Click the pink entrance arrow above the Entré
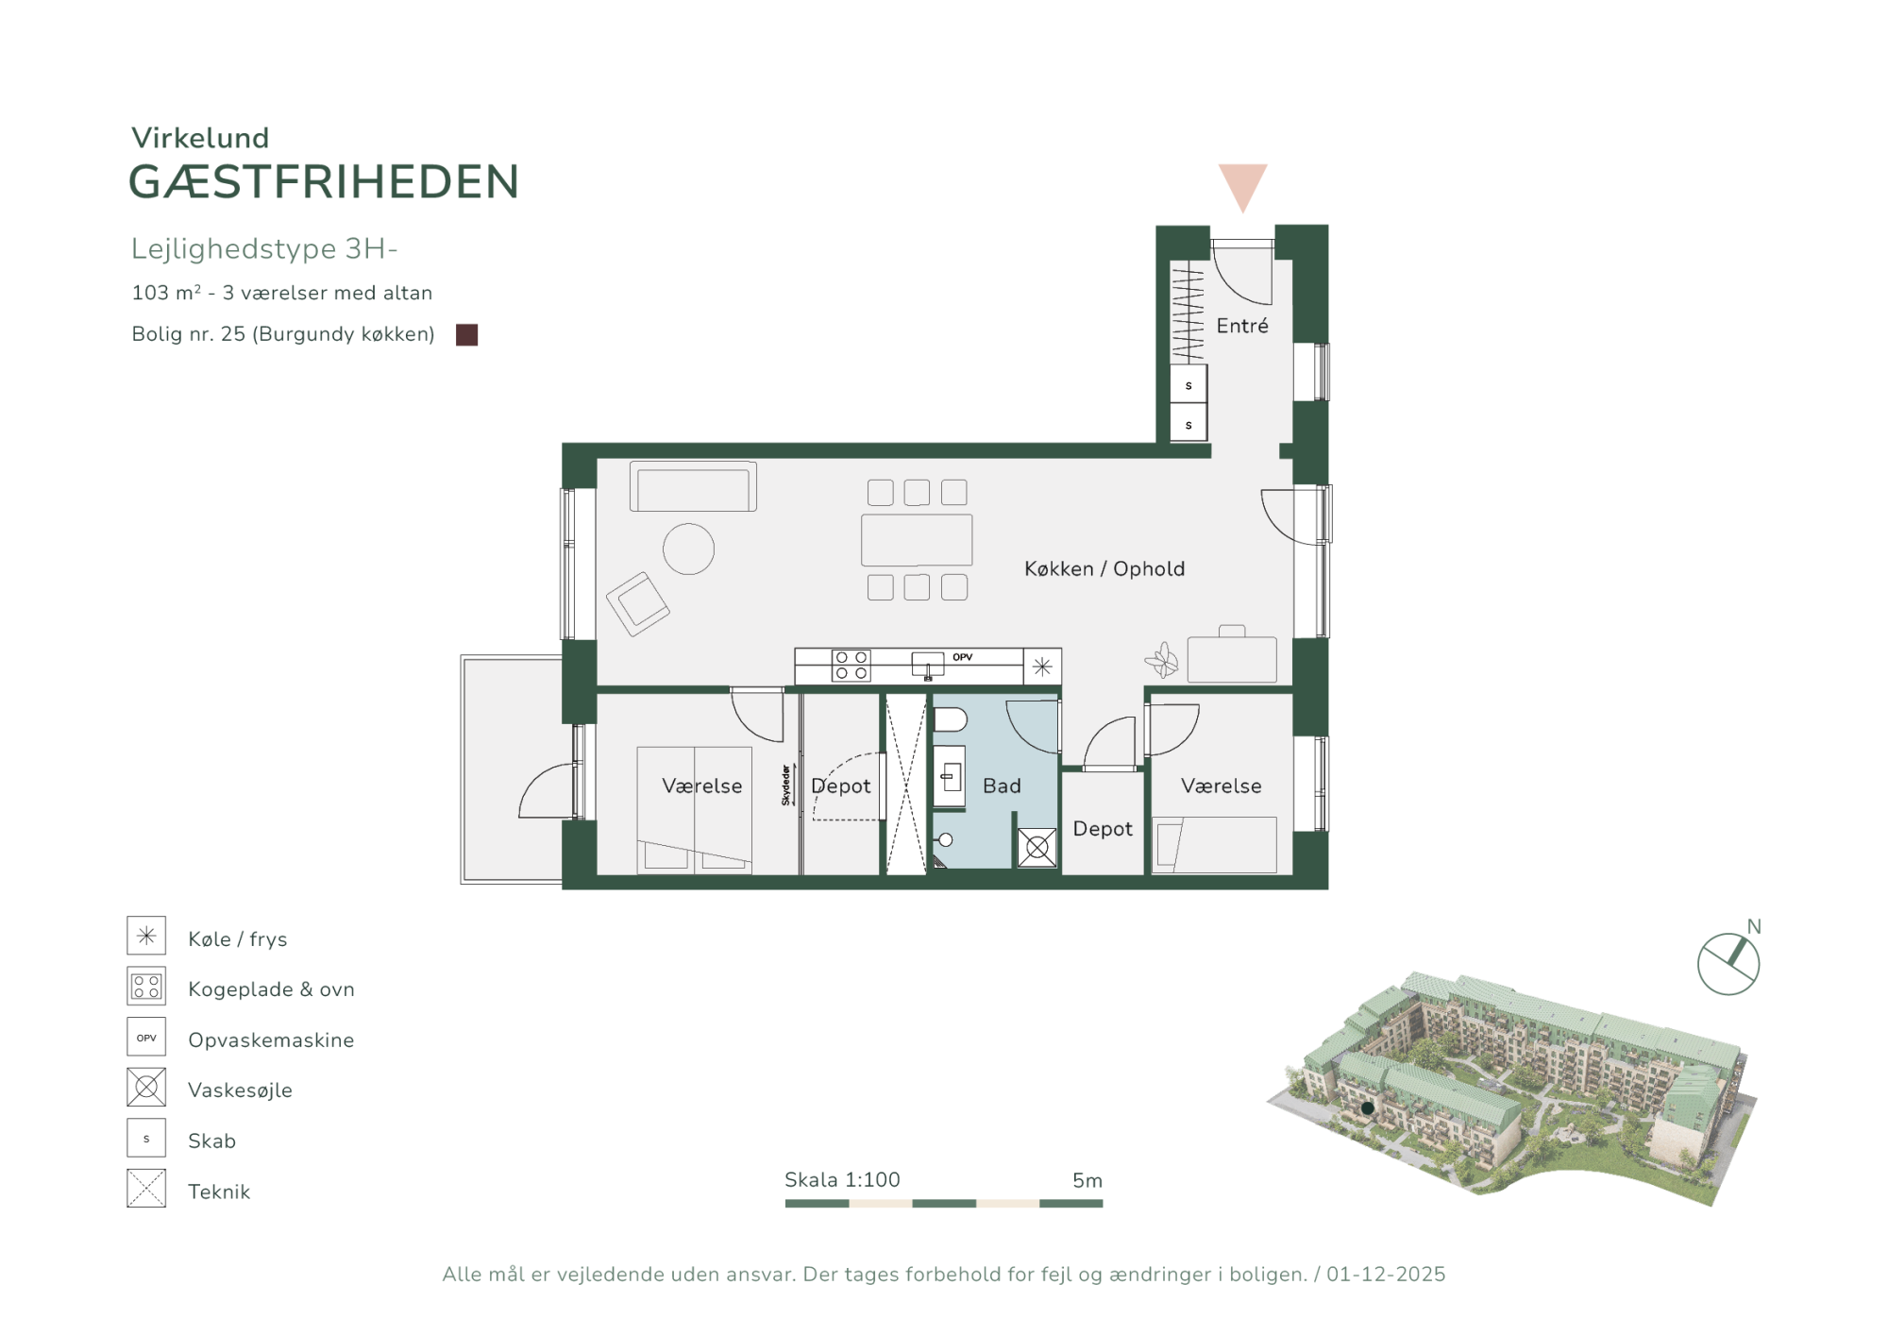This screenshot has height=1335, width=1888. point(1242,187)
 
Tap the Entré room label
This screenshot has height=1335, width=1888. point(1242,326)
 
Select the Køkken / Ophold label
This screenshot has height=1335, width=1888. point(1104,569)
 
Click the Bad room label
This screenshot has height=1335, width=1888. point(1002,786)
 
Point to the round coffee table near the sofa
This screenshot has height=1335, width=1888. point(688,549)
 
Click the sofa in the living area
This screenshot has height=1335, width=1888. point(693,486)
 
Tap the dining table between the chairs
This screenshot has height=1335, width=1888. point(917,540)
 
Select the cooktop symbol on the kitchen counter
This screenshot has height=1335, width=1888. point(851,665)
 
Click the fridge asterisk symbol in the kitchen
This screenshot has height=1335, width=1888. point(1042,667)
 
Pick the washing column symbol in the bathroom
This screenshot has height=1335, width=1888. point(1037,848)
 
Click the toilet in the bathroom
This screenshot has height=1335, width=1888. point(951,720)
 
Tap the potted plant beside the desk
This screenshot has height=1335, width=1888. point(1162,660)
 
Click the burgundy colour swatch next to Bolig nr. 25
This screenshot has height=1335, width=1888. point(466,335)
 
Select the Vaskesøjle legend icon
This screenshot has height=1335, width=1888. point(146,1088)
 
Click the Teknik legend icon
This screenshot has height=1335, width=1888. point(146,1189)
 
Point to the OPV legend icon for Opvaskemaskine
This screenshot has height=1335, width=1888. point(146,1037)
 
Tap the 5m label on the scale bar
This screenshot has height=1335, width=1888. point(1087,1180)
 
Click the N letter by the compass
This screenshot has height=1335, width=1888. point(1754,927)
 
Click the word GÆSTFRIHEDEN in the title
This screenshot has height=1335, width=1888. point(324,182)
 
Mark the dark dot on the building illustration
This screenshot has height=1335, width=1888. point(1367,1108)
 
